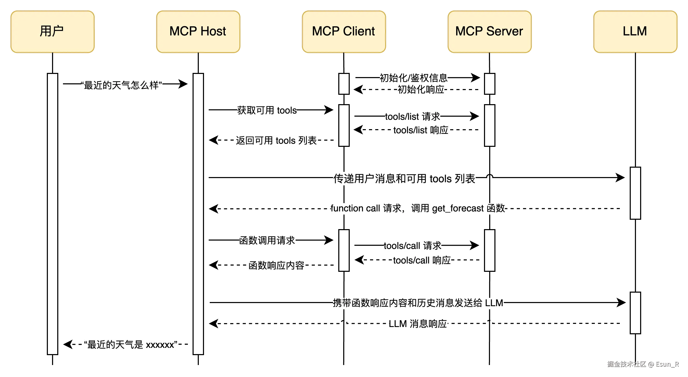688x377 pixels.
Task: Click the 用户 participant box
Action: [53, 32]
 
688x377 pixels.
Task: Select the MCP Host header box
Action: [198, 32]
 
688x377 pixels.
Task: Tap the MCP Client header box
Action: [344, 32]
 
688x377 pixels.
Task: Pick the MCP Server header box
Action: [489, 32]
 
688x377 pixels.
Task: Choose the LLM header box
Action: [635, 32]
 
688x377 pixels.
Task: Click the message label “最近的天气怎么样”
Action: [122, 85]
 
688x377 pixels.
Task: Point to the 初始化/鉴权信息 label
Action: [413, 78]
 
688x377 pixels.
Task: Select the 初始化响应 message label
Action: [421, 89]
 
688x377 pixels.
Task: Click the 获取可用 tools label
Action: [267, 110]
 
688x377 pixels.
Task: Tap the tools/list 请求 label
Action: [413, 116]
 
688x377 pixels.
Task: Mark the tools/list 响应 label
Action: [421, 130]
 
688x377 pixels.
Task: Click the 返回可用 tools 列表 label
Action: [276, 140]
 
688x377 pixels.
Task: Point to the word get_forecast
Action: [458, 208]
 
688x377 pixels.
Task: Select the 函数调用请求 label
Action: [267, 240]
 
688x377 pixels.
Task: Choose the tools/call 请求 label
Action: [413, 246]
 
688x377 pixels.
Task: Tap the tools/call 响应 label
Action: [422, 260]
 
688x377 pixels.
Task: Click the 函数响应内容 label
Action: [276, 265]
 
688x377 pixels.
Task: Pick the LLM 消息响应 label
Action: [418, 324]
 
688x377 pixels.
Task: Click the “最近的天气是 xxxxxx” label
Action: [131, 344]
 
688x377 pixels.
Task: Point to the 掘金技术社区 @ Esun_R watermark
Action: [643, 364]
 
